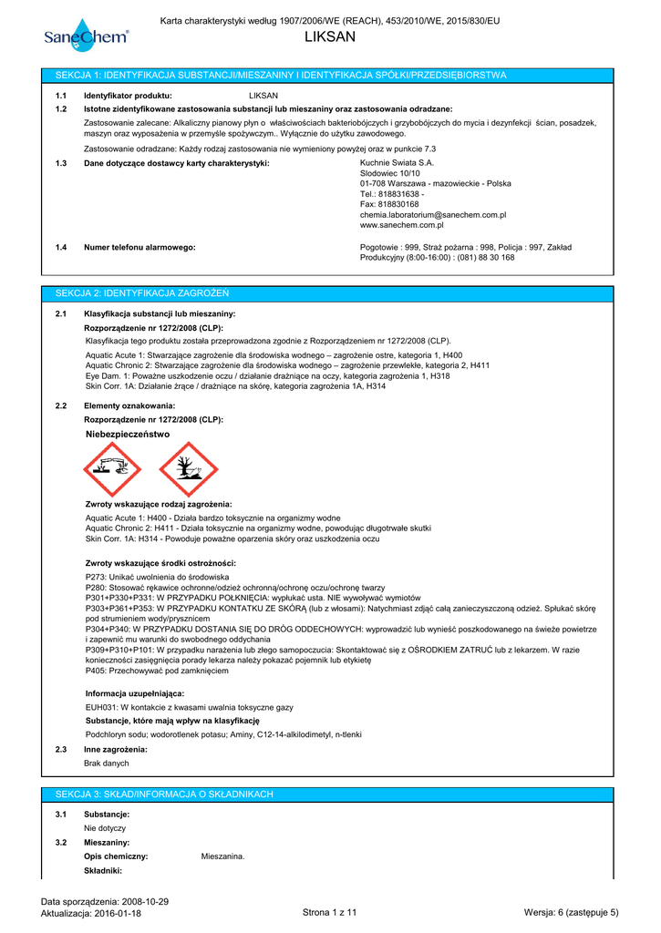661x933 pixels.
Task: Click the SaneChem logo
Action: [86, 36]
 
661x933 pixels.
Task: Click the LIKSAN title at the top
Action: [330, 37]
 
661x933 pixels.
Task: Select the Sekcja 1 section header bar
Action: [330, 75]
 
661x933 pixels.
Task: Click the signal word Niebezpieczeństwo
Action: [128, 435]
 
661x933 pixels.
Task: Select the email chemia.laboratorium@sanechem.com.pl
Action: [432, 215]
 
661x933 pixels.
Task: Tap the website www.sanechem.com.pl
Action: [401, 225]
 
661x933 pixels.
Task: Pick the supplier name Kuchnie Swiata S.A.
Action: [397, 162]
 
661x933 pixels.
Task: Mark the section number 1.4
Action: [61, 247]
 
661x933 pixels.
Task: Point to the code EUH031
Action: [100, 707]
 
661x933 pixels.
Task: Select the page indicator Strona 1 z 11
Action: [330, 913]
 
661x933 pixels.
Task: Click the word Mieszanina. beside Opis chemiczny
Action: [222, 856]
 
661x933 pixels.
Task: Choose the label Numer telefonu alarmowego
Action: [139, 247]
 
